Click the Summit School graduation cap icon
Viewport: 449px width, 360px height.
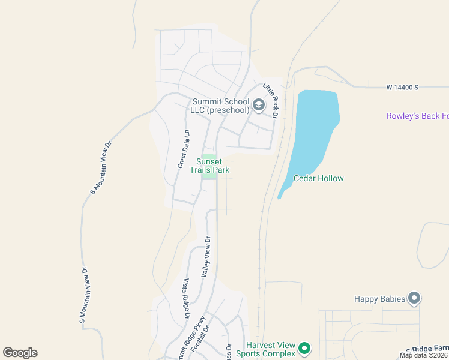(x=259, y=106)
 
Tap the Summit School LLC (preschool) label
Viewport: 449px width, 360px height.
(x=220, y=106)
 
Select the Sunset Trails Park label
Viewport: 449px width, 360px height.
(x=213, y=166)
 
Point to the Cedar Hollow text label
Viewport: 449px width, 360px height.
(x=318, y=178)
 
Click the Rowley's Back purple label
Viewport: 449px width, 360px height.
(x=417, y=116)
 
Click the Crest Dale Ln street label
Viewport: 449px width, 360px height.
(x=183, y=149)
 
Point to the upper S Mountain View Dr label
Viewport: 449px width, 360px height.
(x=101, y=167)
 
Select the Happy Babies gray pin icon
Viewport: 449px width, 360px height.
(x=414, y=298)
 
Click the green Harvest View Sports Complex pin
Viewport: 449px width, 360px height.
(x=304, y=348)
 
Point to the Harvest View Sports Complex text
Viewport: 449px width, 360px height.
(x=271, y=349)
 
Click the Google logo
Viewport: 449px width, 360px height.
(x=20, y=353)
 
